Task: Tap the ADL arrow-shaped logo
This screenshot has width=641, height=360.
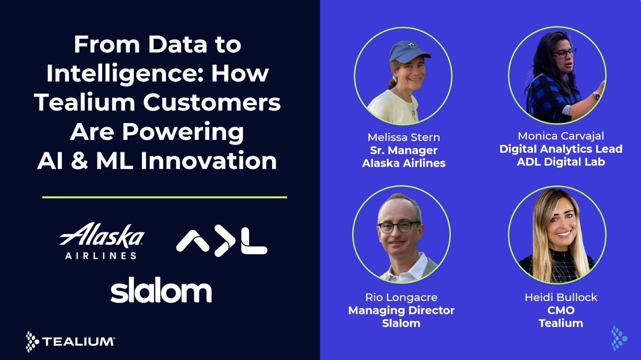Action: [221, 242]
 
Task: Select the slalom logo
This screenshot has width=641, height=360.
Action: [161, 290]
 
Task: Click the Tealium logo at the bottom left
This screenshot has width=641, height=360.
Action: [71, 341]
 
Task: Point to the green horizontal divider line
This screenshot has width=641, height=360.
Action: [165, 197]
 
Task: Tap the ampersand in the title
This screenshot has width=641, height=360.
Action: [80, 161]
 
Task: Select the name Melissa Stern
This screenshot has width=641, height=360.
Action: [404, 137]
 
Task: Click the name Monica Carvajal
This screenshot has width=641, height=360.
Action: [561, 136]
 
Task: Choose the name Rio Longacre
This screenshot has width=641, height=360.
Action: [401, 297]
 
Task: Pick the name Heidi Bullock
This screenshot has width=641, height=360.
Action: [561, 297]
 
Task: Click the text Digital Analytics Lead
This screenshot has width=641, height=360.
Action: [561, 149]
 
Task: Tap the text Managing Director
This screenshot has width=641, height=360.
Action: [401, 310]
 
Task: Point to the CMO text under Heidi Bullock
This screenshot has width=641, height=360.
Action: [561, 310]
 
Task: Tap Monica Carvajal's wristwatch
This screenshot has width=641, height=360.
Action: [596, 95]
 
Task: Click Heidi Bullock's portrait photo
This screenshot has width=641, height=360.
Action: [558, 235]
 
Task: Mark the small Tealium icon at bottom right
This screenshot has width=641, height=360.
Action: [618, 338]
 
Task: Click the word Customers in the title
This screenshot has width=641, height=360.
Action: [212, 102]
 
